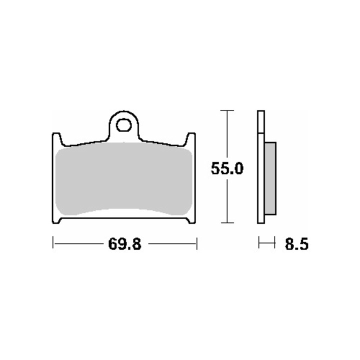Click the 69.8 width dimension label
click(x=124, y=244)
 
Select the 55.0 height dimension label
click(x=227, y=168)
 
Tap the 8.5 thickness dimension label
click(x=296, y=244)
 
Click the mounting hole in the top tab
click(x=124, y=125)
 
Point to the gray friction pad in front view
click(x=124, y=179)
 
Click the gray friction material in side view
click(x=270, y=178)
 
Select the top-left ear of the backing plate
click(x=56, y=138)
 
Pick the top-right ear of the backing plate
click(x=191, y=138)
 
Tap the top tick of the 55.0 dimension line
click(x=227, y=110)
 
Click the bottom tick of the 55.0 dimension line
click(x=227, y=222)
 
